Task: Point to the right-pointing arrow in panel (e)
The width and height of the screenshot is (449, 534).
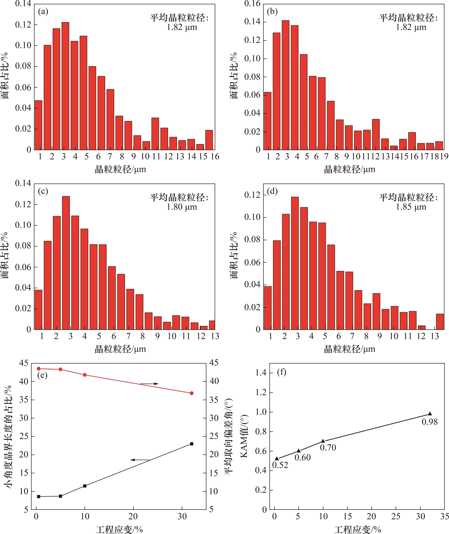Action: click(x=149, y=384)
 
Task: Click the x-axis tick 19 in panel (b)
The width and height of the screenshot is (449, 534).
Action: click(x=444, y=157)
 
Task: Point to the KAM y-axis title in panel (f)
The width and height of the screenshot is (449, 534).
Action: click(x=244, y=436)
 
